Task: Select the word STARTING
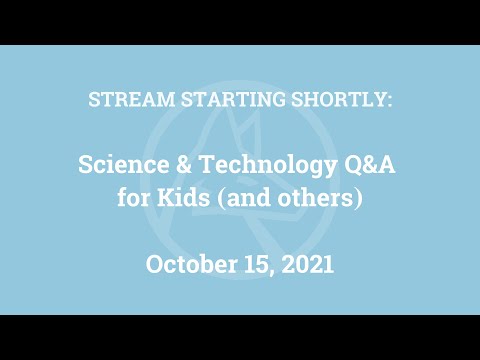click(218, 100)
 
